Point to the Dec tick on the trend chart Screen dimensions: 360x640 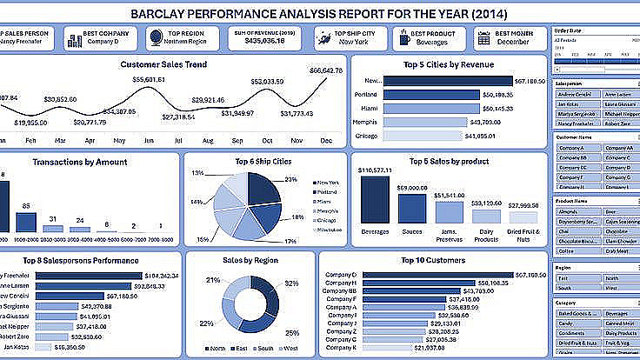pyautogui.click(x=327, y=140)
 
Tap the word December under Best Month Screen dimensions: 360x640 pyautogui.click(x=512, y=41)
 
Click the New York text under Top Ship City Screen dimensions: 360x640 pyautogui.click(x=352, y=41)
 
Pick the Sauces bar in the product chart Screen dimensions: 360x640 pyautogui.click(x=412, y=208)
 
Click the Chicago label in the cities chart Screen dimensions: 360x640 pyautogui.click(x=366, y=136)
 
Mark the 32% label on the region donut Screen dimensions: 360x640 pyautogui.click(x=290, y=283)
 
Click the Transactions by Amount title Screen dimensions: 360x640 pyautogui.click(x=80, y=162)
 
